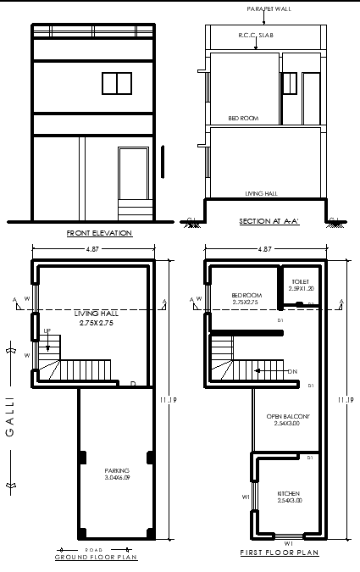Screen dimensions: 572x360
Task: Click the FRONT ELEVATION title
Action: tap(99, 232)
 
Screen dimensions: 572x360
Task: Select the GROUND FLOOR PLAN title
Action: tap(97, 557)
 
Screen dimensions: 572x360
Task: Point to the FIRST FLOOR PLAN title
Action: tap(279, 553)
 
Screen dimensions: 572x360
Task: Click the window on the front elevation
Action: tap(117, 82)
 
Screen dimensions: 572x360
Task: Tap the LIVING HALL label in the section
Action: tap(261, 193)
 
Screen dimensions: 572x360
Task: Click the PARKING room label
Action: tap(117, 470)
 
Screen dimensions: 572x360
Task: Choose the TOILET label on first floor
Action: tap(301, 280)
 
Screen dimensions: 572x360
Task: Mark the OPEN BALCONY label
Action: tap(288, 416)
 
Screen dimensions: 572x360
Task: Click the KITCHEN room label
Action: tap(288, 493)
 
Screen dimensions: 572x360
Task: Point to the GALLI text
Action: tap(11, 417)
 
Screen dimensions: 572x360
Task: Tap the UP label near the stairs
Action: tap(47, 331)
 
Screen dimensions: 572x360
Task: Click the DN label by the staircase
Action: tap(292, 371)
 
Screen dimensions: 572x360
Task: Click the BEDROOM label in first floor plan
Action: tap(245, 296)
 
